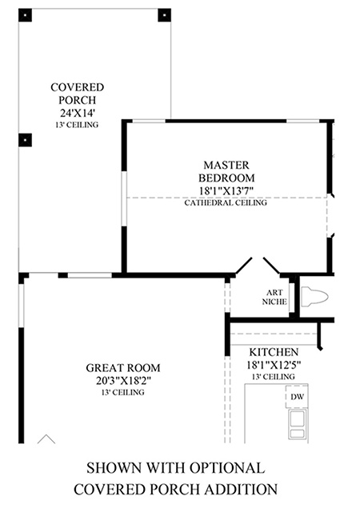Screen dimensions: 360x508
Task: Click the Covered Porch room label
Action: point(77,94)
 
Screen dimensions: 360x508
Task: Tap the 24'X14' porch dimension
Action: point(77,113)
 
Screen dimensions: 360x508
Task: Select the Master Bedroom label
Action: point(226,171)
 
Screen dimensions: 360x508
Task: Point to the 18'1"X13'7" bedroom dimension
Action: point(226,190)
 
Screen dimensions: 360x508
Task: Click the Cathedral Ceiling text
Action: point(226,203)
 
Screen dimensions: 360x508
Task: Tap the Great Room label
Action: point(123,368)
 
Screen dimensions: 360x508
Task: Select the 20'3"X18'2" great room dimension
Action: point(123,380)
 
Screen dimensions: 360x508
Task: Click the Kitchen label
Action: point(274,352)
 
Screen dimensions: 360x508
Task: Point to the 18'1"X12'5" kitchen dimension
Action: point(274,365)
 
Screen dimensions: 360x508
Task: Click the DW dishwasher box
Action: point(297,397)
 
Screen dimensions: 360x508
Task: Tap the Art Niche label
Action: point(274,297)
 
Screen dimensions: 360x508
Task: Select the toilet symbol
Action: point(314,297)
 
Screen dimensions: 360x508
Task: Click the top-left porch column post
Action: point(25,15)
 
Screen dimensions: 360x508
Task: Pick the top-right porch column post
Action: point(164,15)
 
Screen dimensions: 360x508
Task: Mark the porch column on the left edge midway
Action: point(25,140)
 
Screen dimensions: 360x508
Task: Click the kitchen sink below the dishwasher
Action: point(298,424)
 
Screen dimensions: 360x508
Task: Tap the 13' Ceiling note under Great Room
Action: point(123,392)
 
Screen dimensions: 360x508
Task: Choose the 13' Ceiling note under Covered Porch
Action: point(77,125)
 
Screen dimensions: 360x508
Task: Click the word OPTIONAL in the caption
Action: point(227,468)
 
